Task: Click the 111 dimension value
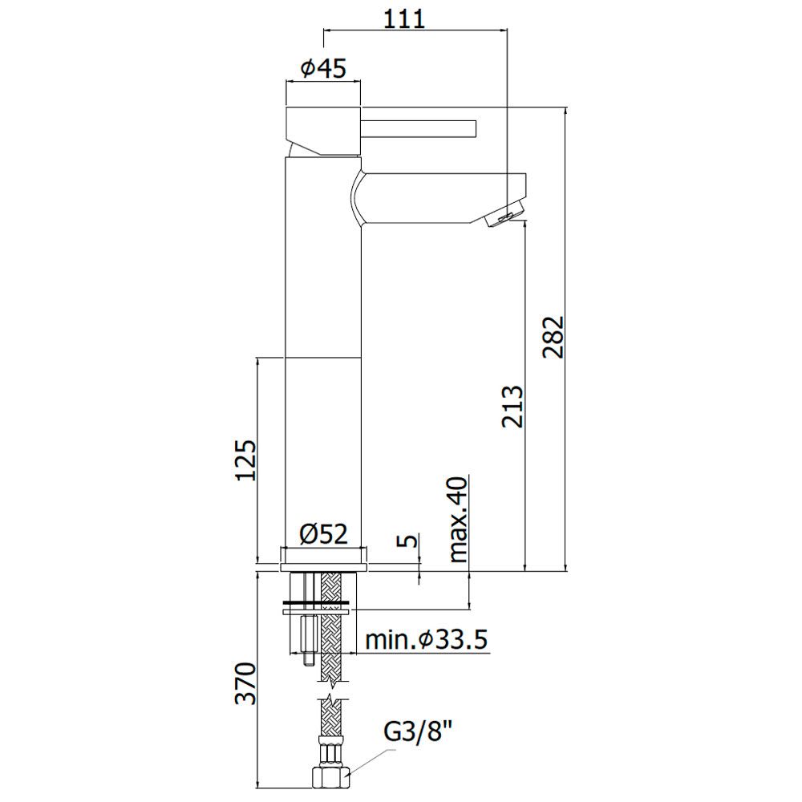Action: pos(404,19)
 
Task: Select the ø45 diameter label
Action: pos(323,67)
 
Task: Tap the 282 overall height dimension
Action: pos(553,337)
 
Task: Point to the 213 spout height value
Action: pos(513,406)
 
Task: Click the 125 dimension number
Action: pos(245,460)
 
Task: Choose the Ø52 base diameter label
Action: pos(324,534)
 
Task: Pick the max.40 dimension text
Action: pos(458,520)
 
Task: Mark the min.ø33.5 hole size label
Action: pos(427,639)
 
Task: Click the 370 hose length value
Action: pos(245,683)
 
